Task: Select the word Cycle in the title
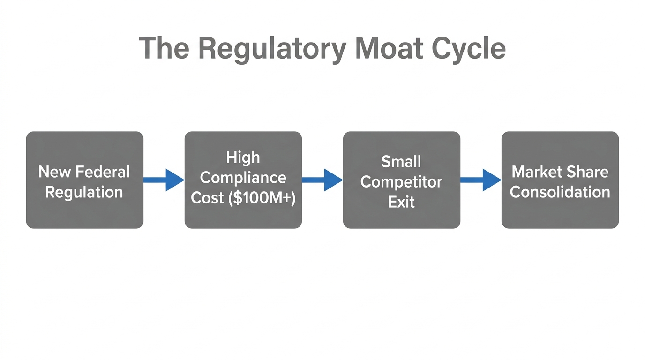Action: tap(469, 48)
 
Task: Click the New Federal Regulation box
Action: tap(84, 180)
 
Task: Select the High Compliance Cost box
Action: tap(243, 180)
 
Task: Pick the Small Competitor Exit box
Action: tap(401, 180)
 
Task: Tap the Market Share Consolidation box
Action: tap(560, 180)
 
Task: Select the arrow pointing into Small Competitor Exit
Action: tap(322, 180)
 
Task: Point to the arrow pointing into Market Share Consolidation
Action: tap(480, 180)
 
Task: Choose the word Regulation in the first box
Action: tap(84, 192)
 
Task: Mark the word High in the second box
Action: tap(243, 157)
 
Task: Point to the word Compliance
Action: tap(243, 178)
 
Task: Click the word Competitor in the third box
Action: tap(401, 182)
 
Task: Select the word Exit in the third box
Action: tap(401, 202)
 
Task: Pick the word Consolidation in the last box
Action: tap(560, 192)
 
